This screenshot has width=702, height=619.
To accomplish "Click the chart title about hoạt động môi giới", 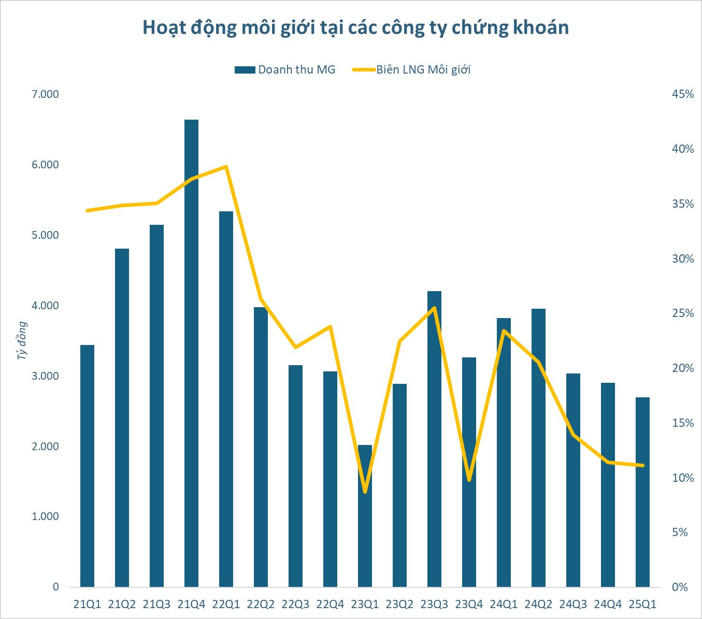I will pyautogui.click(x=355, y=27).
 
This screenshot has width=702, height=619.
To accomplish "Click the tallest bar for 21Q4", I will pyautogui.click(x=191, y=352).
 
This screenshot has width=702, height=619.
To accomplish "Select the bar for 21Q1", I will pyautogui.click(x=87, y=466).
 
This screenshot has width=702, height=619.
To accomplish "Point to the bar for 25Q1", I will pyautogui.click(x=642, y=492).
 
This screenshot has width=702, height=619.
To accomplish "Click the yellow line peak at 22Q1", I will pyautogui.click(x=226, y=167).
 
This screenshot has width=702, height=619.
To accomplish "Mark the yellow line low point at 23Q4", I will pyautogui.click(x=469, y=480).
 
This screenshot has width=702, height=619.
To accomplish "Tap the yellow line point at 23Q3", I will pyautogui.click(x=434, y=308).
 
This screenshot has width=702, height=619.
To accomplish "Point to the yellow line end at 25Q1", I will pyautogui.click(x=642, y=465).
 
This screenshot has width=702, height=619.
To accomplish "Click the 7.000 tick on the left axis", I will pyautogui.click(x=46, y=94).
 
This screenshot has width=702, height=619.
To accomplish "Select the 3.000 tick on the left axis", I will pyautogui.click(x=46, y=376).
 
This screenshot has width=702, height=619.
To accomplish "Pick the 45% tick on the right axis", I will pyautogui.click(x=682, y=94).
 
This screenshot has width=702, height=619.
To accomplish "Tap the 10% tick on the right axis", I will pyautogui.click(x=682, y=478).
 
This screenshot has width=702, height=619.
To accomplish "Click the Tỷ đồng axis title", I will pyautogui.click(x=22, y=340).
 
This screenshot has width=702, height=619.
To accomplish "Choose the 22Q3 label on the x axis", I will pyautogui.click(x=295, y=604).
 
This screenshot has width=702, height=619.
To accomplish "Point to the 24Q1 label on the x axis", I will pyautogui.click(x=504, y=604).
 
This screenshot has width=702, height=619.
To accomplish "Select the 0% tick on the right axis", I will pyautogui.click(x=680, y=587).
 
